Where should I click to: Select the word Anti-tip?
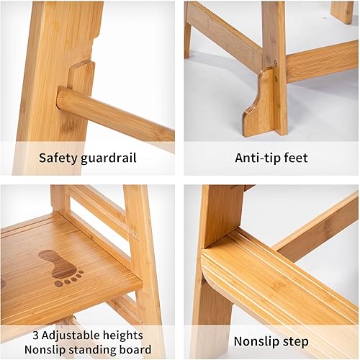tap(256, 158)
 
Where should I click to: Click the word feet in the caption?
tap(296, 158)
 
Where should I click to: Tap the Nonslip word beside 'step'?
tap(256, 342)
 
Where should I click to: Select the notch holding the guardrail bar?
tap(81, 79)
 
